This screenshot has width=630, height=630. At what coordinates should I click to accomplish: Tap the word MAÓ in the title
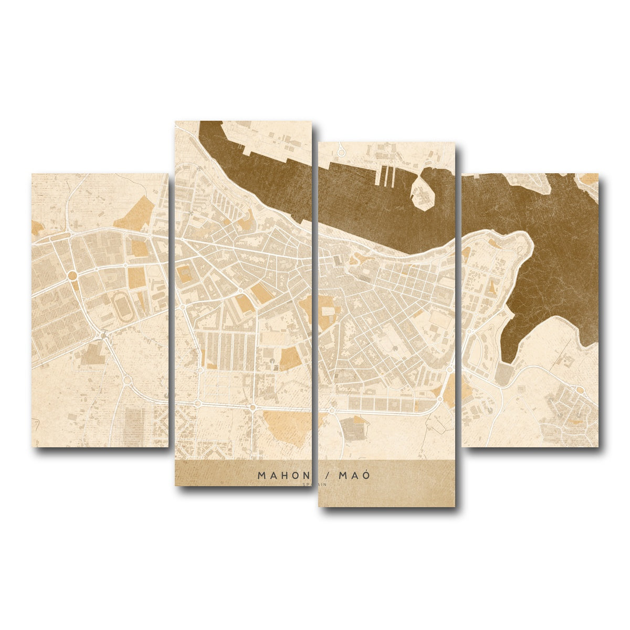tap(354, 476)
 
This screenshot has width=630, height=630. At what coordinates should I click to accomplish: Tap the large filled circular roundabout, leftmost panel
tap(73, 275)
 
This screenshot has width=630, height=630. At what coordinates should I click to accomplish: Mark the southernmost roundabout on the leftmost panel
tap(126, 380)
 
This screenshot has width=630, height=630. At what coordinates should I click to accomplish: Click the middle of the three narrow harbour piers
tap(387, 176)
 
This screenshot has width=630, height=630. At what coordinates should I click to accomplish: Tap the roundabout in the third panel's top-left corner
tap(341, 152)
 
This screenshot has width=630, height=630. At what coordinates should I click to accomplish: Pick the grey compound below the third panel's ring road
tap(352, 428)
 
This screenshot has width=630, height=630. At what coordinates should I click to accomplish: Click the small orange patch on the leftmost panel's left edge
tap(37, 228)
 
